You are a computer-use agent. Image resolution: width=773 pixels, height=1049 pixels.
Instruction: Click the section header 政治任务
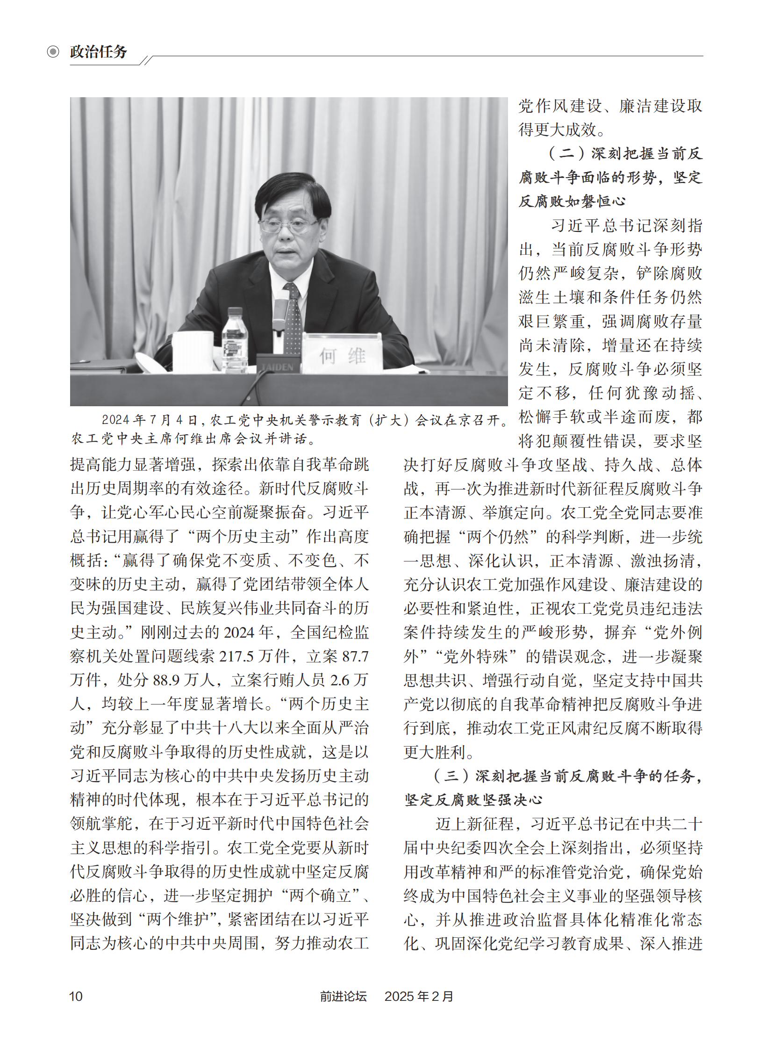pyautogui.click(x=99, y=52)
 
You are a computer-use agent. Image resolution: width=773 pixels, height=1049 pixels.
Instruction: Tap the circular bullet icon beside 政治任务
pyautogui.click(x=53, y=51)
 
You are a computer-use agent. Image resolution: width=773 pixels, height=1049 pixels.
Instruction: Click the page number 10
pyautogui.click(x=76, y=996)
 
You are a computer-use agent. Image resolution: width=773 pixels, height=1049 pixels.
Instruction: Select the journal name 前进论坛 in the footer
pyautogui.click(x=343, y=996)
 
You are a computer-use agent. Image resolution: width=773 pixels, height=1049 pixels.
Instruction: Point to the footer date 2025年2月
pyautogui.click(x=419, y=996)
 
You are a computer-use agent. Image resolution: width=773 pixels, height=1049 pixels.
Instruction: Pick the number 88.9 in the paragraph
pyautogui.click(x=167, y=680)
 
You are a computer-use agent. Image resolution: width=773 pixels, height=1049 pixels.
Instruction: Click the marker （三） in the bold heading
pyautogui.click(x=451, y=776)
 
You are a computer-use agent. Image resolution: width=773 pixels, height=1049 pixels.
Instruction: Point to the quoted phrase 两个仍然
pyautogui.click(x=497, y=537)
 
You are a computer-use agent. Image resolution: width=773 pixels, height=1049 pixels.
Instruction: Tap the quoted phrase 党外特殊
pyautogui.click(x=475, y=656)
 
